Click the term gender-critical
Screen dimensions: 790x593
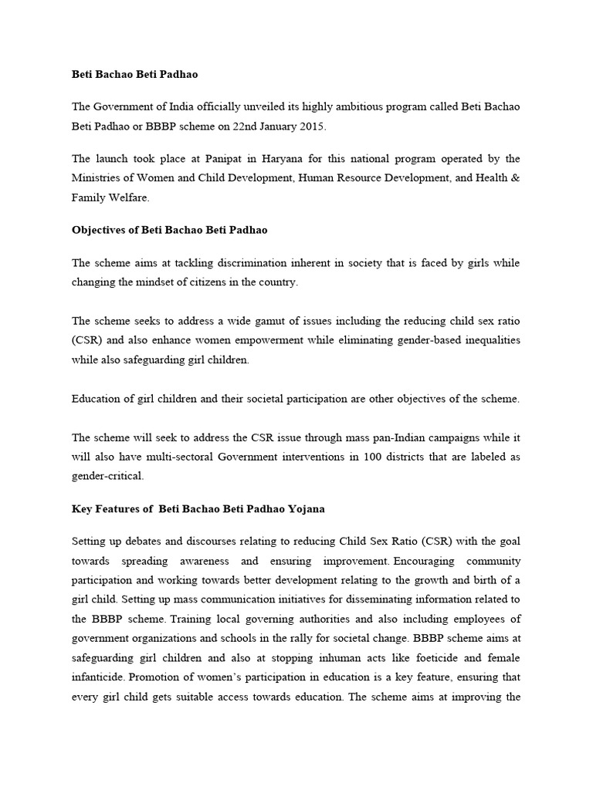click(107, 477)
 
